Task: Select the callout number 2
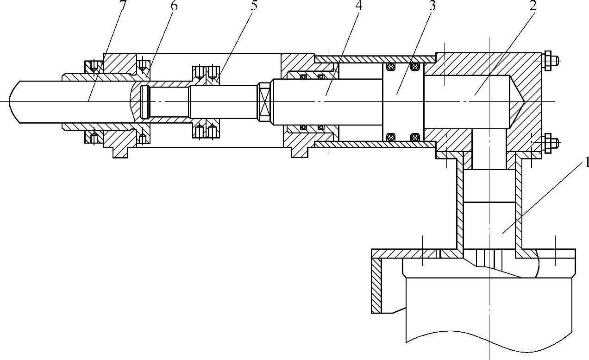[x=533, y=6]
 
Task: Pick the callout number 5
[x=254, y=6]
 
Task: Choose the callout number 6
[x=174, y=6]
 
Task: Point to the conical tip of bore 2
[x=518, y=101]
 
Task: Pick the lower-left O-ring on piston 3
[x=390, y=137]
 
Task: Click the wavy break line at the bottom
[x=491, y=346]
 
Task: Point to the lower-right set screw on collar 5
[x=213, y=132]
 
